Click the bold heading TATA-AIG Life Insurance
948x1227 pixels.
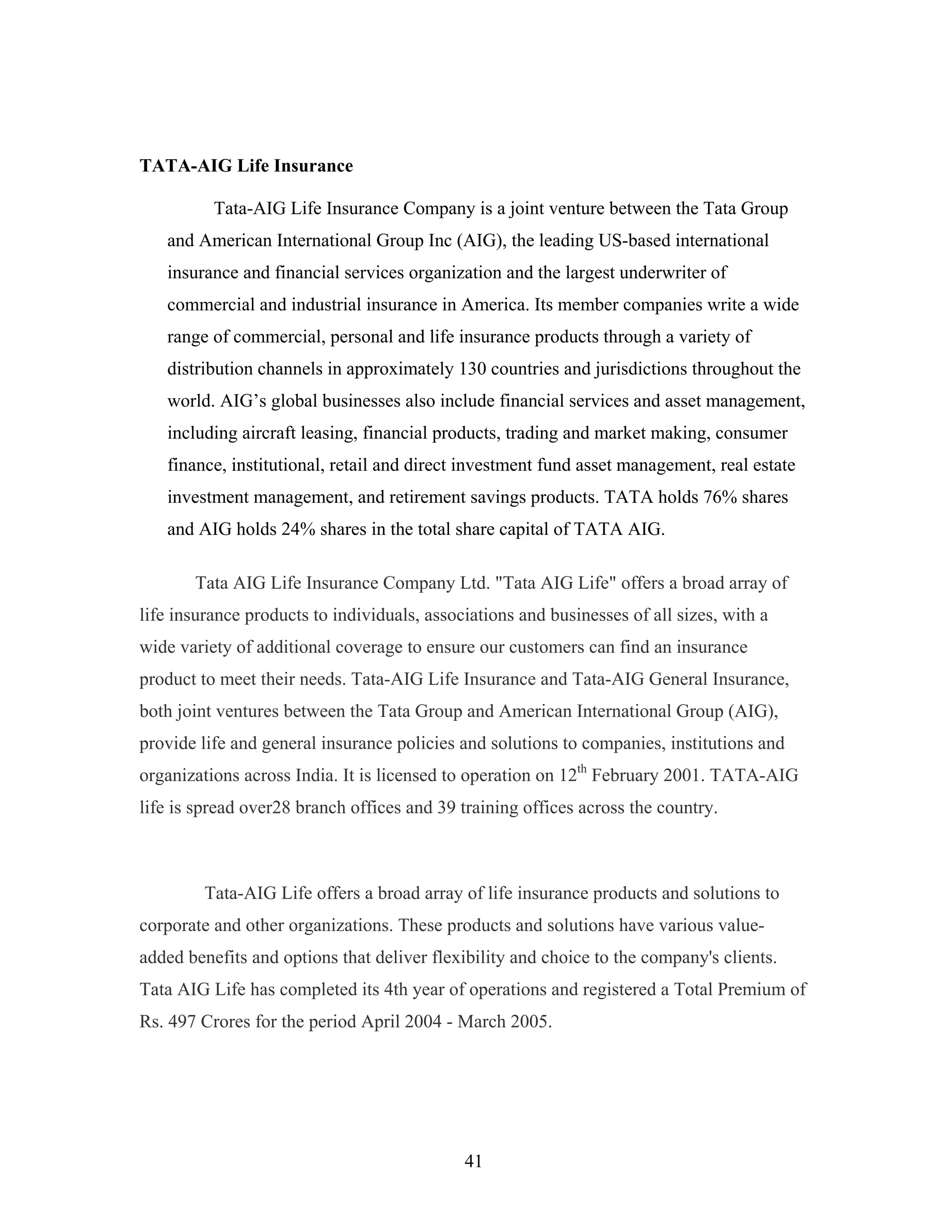point(246,166)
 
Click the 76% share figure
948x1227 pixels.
point(719,497)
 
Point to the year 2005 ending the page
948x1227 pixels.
point(531,1021)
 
